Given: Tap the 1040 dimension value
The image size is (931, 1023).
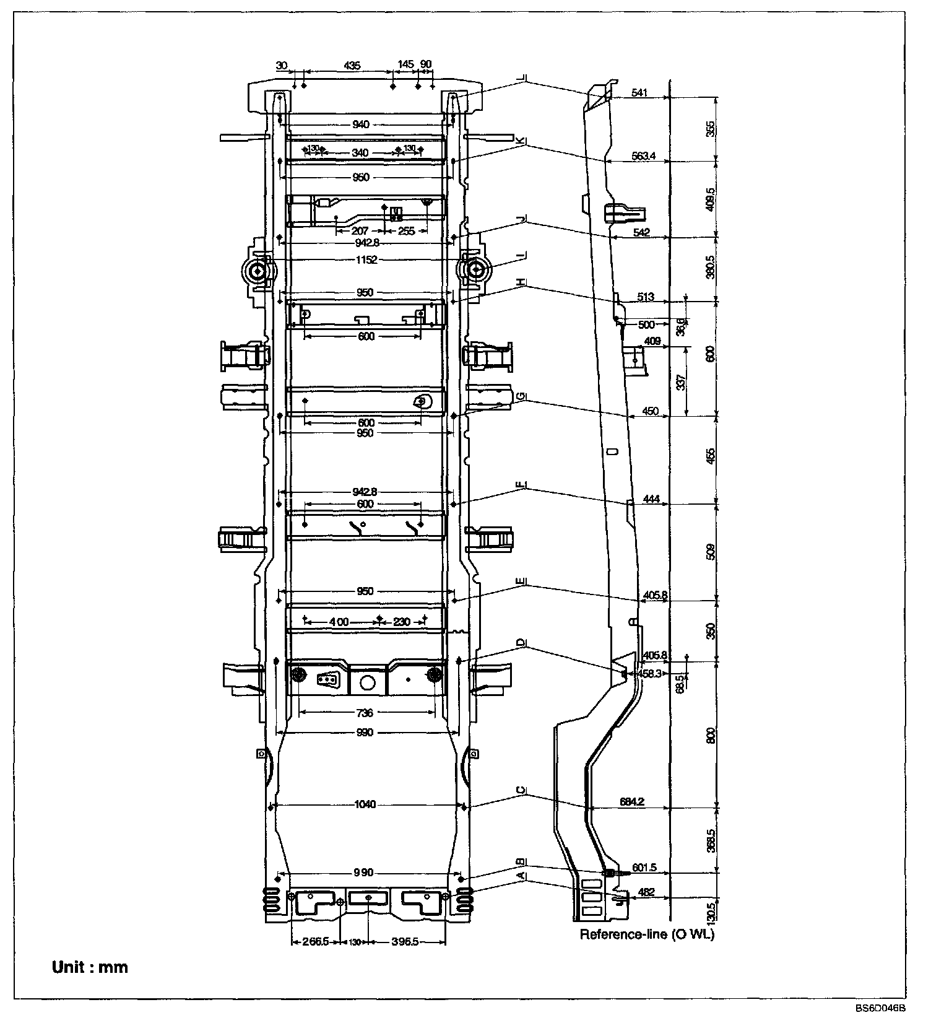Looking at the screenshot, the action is pos(365,804).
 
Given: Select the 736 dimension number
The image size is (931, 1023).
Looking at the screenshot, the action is pos(365,713).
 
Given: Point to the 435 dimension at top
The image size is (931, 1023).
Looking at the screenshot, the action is pos(351,65).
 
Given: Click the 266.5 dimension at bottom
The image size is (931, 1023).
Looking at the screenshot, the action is pos(316,942).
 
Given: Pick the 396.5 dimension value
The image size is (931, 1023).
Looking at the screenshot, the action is pos(405,942).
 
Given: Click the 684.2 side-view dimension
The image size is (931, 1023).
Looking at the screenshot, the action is pos(632,801).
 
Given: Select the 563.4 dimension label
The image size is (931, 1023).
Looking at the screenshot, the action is pos(644,156).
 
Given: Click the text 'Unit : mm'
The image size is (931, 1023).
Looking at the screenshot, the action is pos(90,967).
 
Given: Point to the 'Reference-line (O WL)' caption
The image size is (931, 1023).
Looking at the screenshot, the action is pos(647,934).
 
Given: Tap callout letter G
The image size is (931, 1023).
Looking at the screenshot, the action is pos(523,397).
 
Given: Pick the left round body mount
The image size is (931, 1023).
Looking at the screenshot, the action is pos(257,271).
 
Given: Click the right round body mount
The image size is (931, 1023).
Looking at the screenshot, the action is pos(476,271).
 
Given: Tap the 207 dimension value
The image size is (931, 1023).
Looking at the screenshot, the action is pos(360,231).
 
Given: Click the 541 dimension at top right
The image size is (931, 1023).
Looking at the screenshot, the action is pos(639,93).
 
